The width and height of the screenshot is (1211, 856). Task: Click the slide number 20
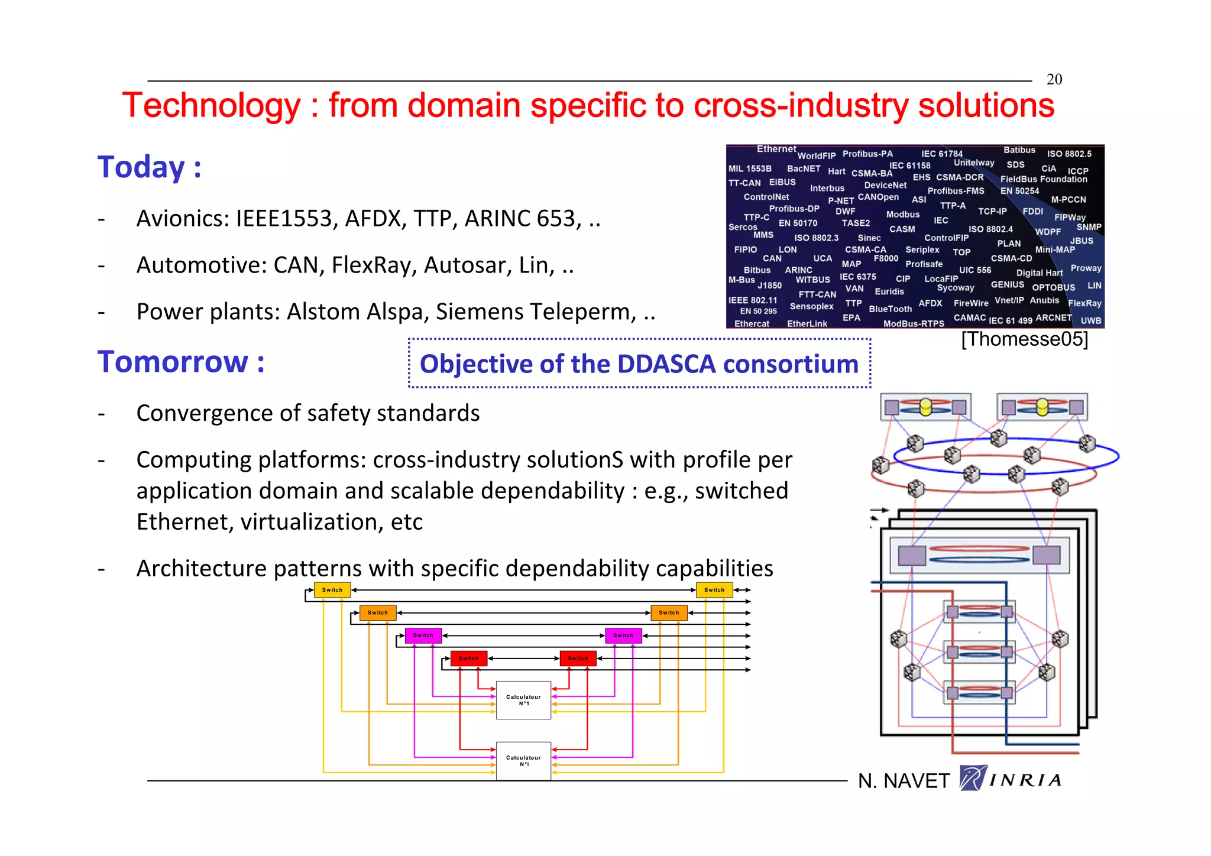[x=1054, y=79]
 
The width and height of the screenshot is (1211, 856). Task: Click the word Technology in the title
[x=211, y=106]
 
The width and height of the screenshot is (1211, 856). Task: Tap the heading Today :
[x=149, y=167]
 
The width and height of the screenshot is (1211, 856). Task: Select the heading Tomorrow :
[x=180, y=362]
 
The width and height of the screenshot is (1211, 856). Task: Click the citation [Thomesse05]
[x=1024, y=339]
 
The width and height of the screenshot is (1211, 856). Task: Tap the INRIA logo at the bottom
[x=1011, y=779]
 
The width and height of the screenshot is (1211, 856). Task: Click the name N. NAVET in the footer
[x=903, y=781]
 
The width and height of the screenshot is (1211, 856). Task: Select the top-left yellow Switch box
[x=332, y=590]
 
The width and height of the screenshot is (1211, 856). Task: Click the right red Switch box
[x=578, y=658]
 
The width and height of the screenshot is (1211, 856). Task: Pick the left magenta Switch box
[x=423, y=635]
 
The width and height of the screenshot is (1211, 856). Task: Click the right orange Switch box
[x=669, y=612]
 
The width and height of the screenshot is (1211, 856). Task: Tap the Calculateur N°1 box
[x=523, y=700]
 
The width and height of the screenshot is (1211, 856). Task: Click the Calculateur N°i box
[x=523, y=761]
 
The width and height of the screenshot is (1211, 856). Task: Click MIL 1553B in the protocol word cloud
[x=750, y=169]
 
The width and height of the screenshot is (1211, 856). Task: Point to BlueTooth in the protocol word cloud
[x=890, y=309]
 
